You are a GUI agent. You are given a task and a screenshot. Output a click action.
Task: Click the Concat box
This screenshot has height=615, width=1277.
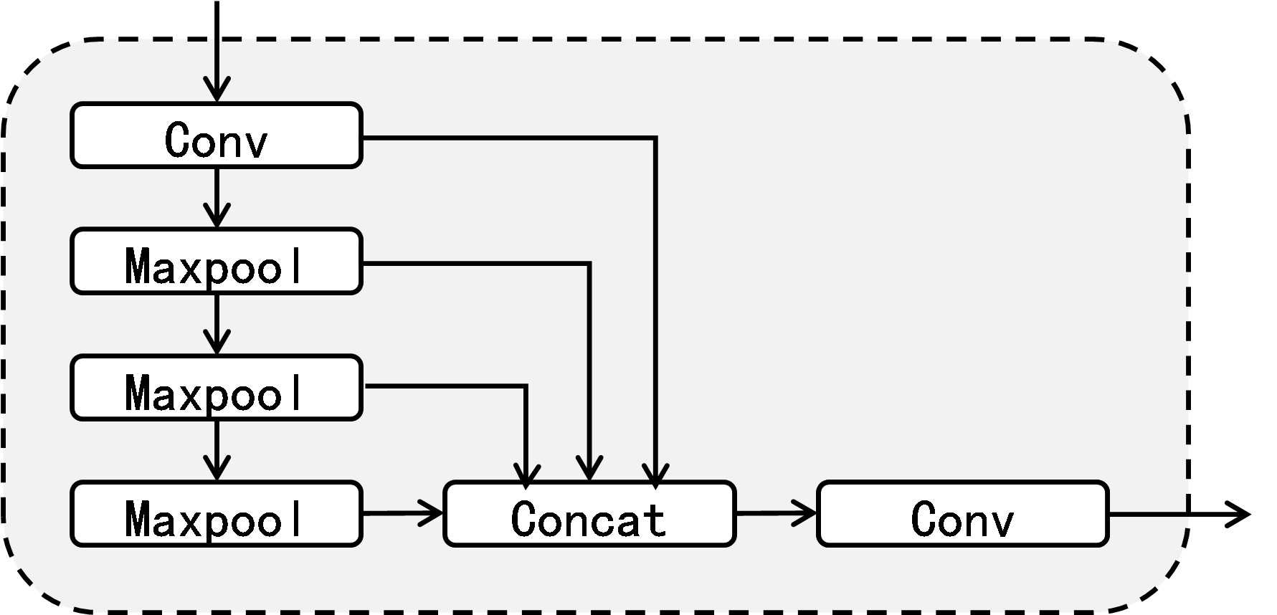589,514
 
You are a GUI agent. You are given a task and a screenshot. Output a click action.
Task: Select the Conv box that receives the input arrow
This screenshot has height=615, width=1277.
217,136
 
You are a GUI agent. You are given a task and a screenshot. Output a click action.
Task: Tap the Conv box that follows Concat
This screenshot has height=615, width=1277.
962,514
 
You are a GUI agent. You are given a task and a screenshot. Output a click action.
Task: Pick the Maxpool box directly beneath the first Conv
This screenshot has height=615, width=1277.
217,262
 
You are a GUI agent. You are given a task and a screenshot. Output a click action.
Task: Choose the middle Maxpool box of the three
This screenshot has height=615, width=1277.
217,388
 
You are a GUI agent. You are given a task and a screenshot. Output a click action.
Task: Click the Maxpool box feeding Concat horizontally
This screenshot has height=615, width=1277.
217,514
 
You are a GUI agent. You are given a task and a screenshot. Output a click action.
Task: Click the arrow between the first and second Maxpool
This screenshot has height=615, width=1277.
217,325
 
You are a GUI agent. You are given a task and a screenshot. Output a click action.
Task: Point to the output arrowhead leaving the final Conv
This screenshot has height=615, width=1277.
1239,514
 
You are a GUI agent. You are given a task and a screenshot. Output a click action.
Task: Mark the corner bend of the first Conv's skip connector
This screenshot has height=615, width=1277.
655,138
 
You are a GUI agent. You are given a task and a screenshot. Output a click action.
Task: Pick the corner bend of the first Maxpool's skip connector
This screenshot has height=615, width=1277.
589,264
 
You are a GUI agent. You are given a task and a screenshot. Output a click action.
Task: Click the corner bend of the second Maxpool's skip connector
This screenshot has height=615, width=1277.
526,386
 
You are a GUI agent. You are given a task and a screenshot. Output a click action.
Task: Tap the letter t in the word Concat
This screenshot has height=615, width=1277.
655,519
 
